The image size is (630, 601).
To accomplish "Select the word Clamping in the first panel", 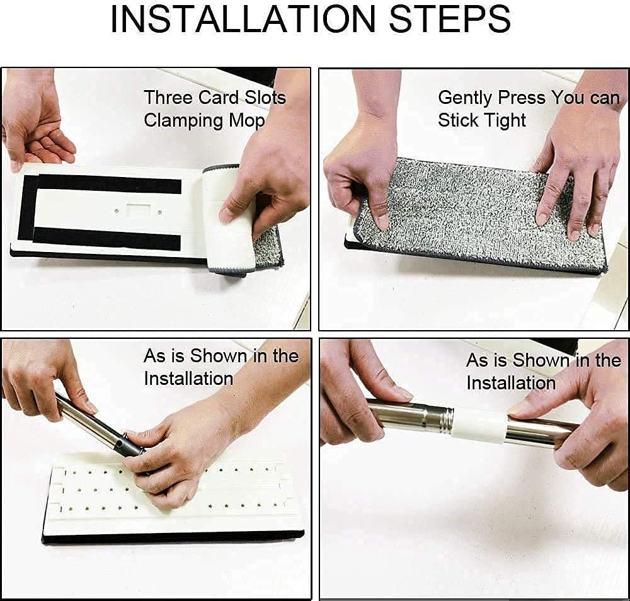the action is [x=184, y=121].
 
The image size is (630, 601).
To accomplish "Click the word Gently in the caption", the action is [x=465, y=98].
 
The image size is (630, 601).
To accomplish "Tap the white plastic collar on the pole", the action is [x=478, y=427].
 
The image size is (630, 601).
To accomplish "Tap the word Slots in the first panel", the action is [x=265, y=98].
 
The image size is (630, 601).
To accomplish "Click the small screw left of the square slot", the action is [x=117, y=210].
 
